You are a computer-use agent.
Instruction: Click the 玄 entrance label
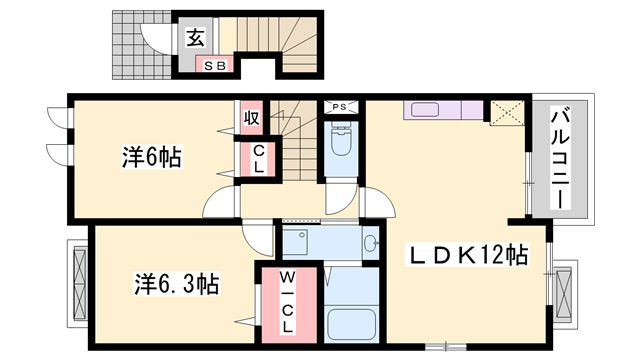[196, 38]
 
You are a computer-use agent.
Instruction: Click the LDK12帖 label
[466, 255]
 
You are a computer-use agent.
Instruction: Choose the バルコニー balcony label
[559, 158]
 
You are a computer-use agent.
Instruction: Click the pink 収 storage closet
[251, 118]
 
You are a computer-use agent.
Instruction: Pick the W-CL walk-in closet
[284, 300]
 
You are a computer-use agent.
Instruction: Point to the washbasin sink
[371, 242]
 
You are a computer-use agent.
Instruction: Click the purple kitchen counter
[444, 110]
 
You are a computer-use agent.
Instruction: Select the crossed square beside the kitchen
[503, 112]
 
